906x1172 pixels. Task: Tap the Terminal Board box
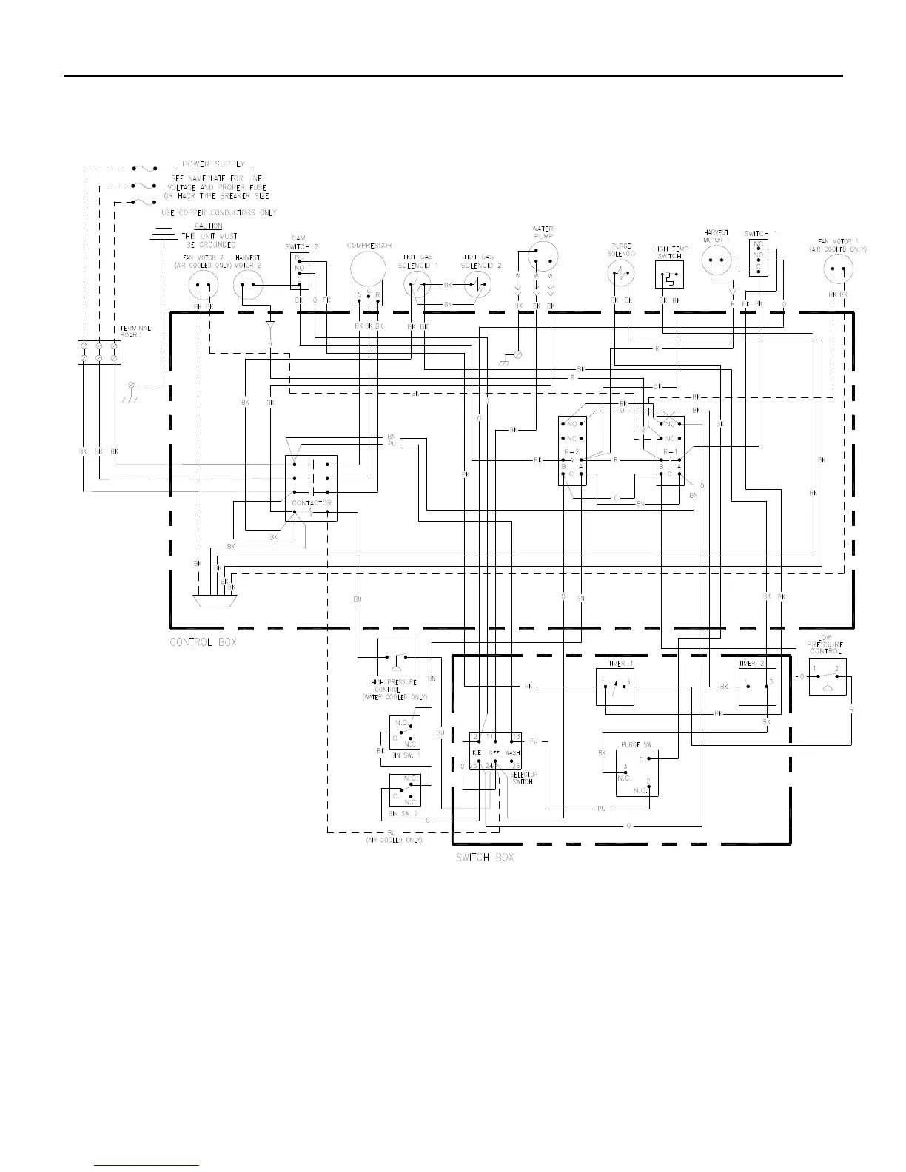point(99,352)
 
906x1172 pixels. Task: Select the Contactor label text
point(312,503)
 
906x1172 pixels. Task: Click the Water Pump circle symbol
point(543,256)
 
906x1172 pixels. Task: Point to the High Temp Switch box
point(669,275)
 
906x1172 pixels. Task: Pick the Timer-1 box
point(615,687)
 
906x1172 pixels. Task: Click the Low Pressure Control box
point(827,676)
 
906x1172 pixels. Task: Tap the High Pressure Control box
point(396,657)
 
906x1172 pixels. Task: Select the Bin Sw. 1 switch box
point(404,732)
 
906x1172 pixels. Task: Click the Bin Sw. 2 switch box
point(404,790)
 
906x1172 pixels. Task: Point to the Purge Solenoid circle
point(621,275)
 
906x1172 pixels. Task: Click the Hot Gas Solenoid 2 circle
point(478,285)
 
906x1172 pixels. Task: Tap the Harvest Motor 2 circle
point(247,285)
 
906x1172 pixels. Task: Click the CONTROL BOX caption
point(204,642)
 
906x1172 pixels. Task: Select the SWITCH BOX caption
point(485,858)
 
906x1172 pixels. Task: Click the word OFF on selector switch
point(494,752)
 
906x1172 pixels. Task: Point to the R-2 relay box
point(572,451)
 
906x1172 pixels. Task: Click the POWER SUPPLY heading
point(213,164)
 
